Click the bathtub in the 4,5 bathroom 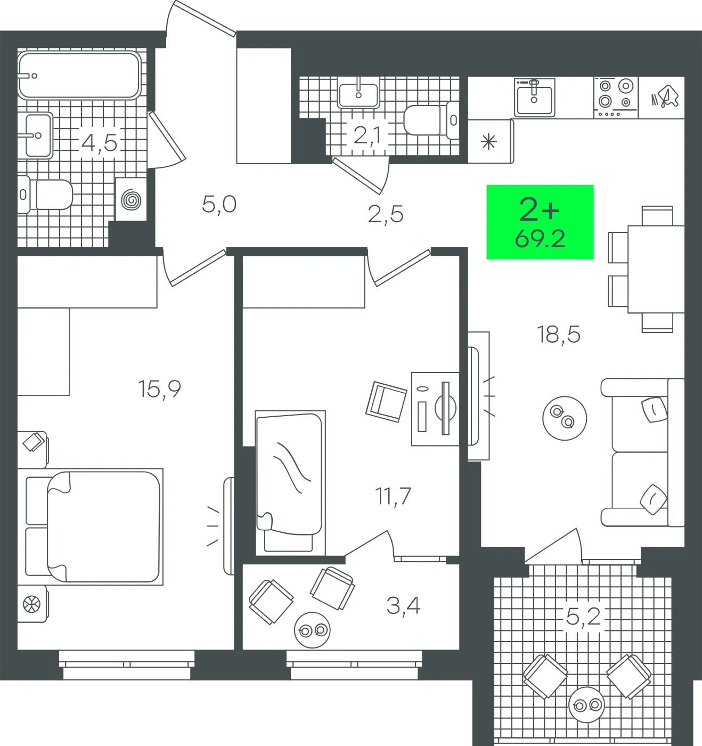[79, 75]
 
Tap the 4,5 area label [100, 143]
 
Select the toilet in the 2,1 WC [431, 120]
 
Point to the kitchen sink [534, 98]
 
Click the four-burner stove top [616, 98]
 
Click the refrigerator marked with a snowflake [491, 142]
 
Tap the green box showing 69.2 [540, 222]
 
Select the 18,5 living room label [559, 334]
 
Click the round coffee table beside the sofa [565, 418]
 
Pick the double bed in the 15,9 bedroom [94, 526]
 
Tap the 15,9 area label [160, 389]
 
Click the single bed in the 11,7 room [290, 483]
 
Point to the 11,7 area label [393, 496]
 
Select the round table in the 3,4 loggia [313, 630]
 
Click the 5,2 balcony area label [583, 617]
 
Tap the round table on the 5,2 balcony [587, 704]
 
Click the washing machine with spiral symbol [131, 199]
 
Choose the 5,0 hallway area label [219, 205]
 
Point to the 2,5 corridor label [386, 214]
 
